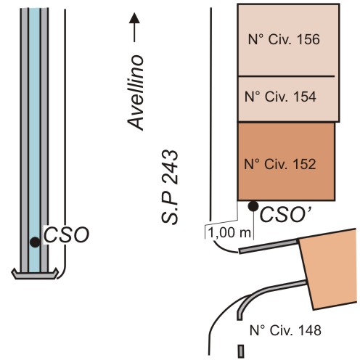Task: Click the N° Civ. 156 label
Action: click(284, 39)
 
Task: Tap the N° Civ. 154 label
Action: click(280, 97)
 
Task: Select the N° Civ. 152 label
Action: click(280, 164)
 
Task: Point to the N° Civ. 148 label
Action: click(285, 330)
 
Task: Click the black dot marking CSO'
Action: click(253, 206)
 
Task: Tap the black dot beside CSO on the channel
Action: click(35, 242)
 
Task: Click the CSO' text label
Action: click(285, 215)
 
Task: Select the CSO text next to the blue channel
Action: click(66, 234)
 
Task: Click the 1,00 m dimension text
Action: click(229, 233)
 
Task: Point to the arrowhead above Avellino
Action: click(134, 18)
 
